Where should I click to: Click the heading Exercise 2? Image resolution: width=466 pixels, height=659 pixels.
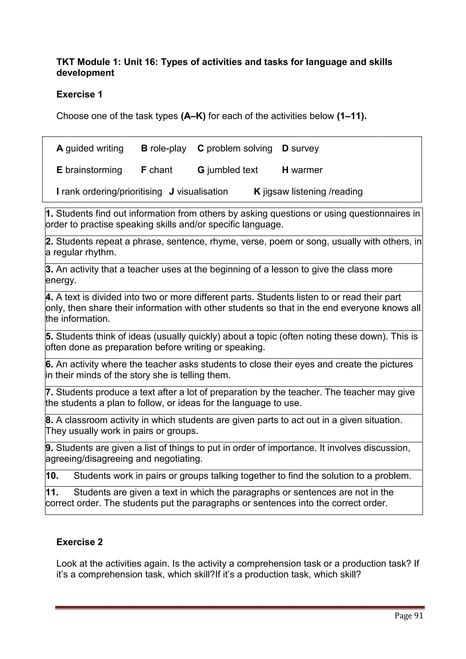(x=80, y=542)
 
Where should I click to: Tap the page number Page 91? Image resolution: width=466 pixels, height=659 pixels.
(x=409, y=616)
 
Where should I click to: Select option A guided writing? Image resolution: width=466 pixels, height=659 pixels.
(x=90, y=148)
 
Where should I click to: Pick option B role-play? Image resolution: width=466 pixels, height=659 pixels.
(x=163, y=148)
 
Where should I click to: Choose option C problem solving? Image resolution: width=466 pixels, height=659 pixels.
(x=235, y=148)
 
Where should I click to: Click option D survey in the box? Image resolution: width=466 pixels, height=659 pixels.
(x=300, y=148)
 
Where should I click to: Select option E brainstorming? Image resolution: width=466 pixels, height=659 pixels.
(x=89, y=170)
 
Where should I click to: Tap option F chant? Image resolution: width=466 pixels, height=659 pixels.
(x=157, y=170)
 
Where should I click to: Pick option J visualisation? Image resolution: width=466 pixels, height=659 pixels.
(x=198, y=191)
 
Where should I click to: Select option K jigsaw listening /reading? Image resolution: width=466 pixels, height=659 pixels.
(x=308, y=191)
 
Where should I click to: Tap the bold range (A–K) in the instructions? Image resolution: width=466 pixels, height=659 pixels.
(x=193, y=116)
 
